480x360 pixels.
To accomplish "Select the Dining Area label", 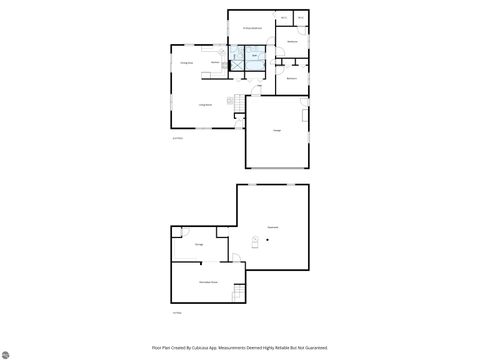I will coord(186,63).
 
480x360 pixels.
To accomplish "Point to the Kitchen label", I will coord(215,62).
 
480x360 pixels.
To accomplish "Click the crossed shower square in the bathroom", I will coord(237,60).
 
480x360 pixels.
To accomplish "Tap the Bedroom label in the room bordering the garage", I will coord(292,78).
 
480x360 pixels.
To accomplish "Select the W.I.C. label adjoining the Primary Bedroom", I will coord(285,18).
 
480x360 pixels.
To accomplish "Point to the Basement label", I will coord(272,228).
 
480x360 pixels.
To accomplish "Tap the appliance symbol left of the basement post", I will coord(254,242).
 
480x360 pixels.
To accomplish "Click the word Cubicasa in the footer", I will coord(203,347).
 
